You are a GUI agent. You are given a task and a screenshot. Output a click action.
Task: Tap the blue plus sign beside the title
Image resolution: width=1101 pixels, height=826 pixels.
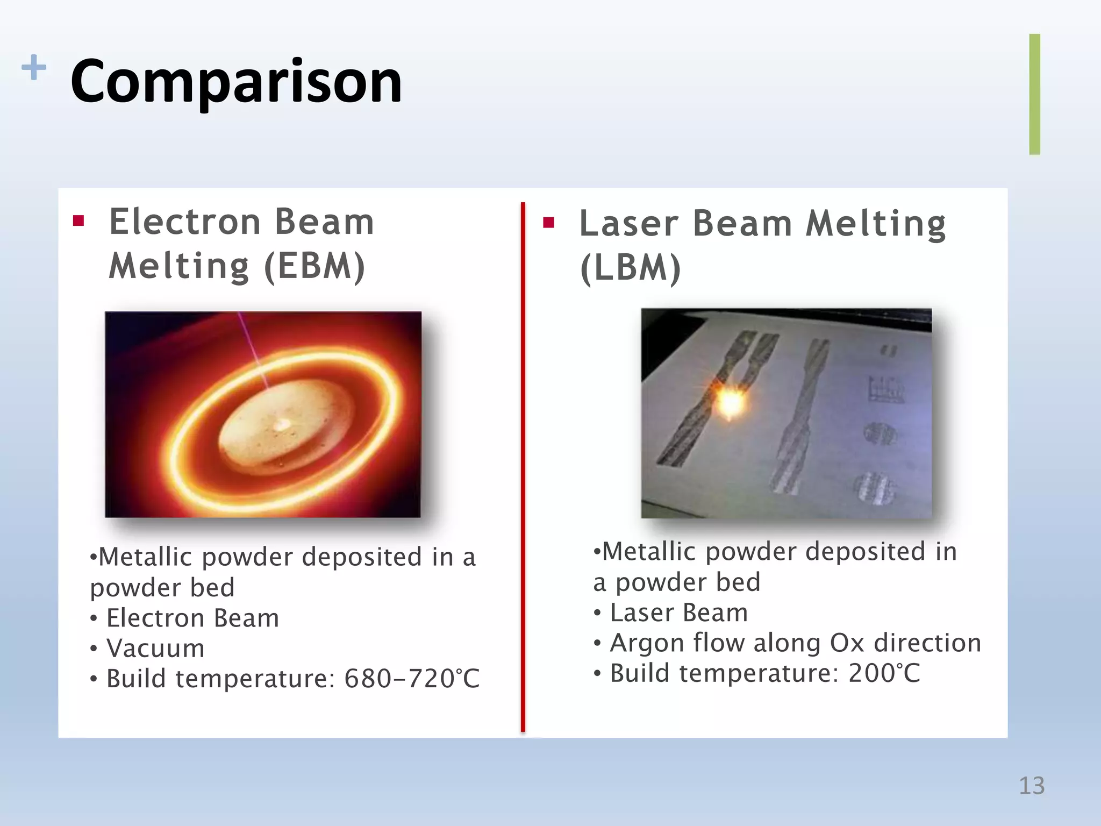33,67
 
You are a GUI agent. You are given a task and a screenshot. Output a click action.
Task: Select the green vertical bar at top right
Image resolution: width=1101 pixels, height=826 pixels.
1034,94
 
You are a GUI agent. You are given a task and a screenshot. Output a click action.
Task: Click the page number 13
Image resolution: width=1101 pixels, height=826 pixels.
1031,786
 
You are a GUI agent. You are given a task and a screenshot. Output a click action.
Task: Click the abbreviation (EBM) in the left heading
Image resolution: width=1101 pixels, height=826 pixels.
314,266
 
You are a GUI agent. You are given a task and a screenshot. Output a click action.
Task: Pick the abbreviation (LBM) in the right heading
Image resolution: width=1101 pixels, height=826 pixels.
630,268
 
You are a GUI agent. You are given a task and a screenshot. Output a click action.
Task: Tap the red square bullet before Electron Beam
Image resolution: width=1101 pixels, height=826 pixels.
78,221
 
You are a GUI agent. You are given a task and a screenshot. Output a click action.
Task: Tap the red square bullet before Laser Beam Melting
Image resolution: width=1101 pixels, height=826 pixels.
548,223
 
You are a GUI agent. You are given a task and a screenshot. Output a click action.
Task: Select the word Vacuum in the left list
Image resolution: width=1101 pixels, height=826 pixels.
155,648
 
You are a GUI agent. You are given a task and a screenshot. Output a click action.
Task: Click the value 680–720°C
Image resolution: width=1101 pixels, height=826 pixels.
411,679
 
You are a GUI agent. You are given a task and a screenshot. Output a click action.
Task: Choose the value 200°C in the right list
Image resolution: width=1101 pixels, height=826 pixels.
884,673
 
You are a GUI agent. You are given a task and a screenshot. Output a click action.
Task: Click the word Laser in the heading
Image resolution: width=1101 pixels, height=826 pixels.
628,224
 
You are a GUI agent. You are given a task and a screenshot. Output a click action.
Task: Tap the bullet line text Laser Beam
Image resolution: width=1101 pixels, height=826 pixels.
678,613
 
